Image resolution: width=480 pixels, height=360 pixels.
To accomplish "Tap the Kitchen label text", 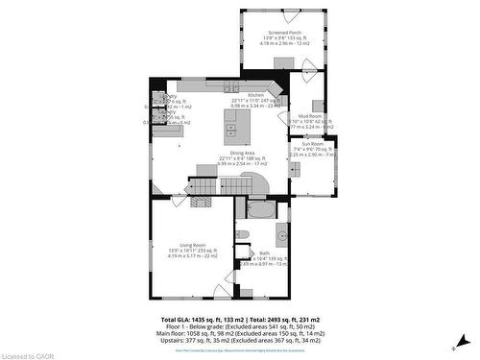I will point(255,95).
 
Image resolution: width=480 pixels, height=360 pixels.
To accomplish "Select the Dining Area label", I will point(236,154).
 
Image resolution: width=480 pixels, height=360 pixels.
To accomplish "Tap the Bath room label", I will point(264,253).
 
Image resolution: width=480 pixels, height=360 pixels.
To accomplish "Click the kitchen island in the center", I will point(230,123).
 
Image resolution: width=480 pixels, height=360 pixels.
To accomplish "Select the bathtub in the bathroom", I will point(260,208).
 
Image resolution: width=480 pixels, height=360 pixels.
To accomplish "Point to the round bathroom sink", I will point(282,235).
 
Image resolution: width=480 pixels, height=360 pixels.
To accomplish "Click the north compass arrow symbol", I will point(461,341).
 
